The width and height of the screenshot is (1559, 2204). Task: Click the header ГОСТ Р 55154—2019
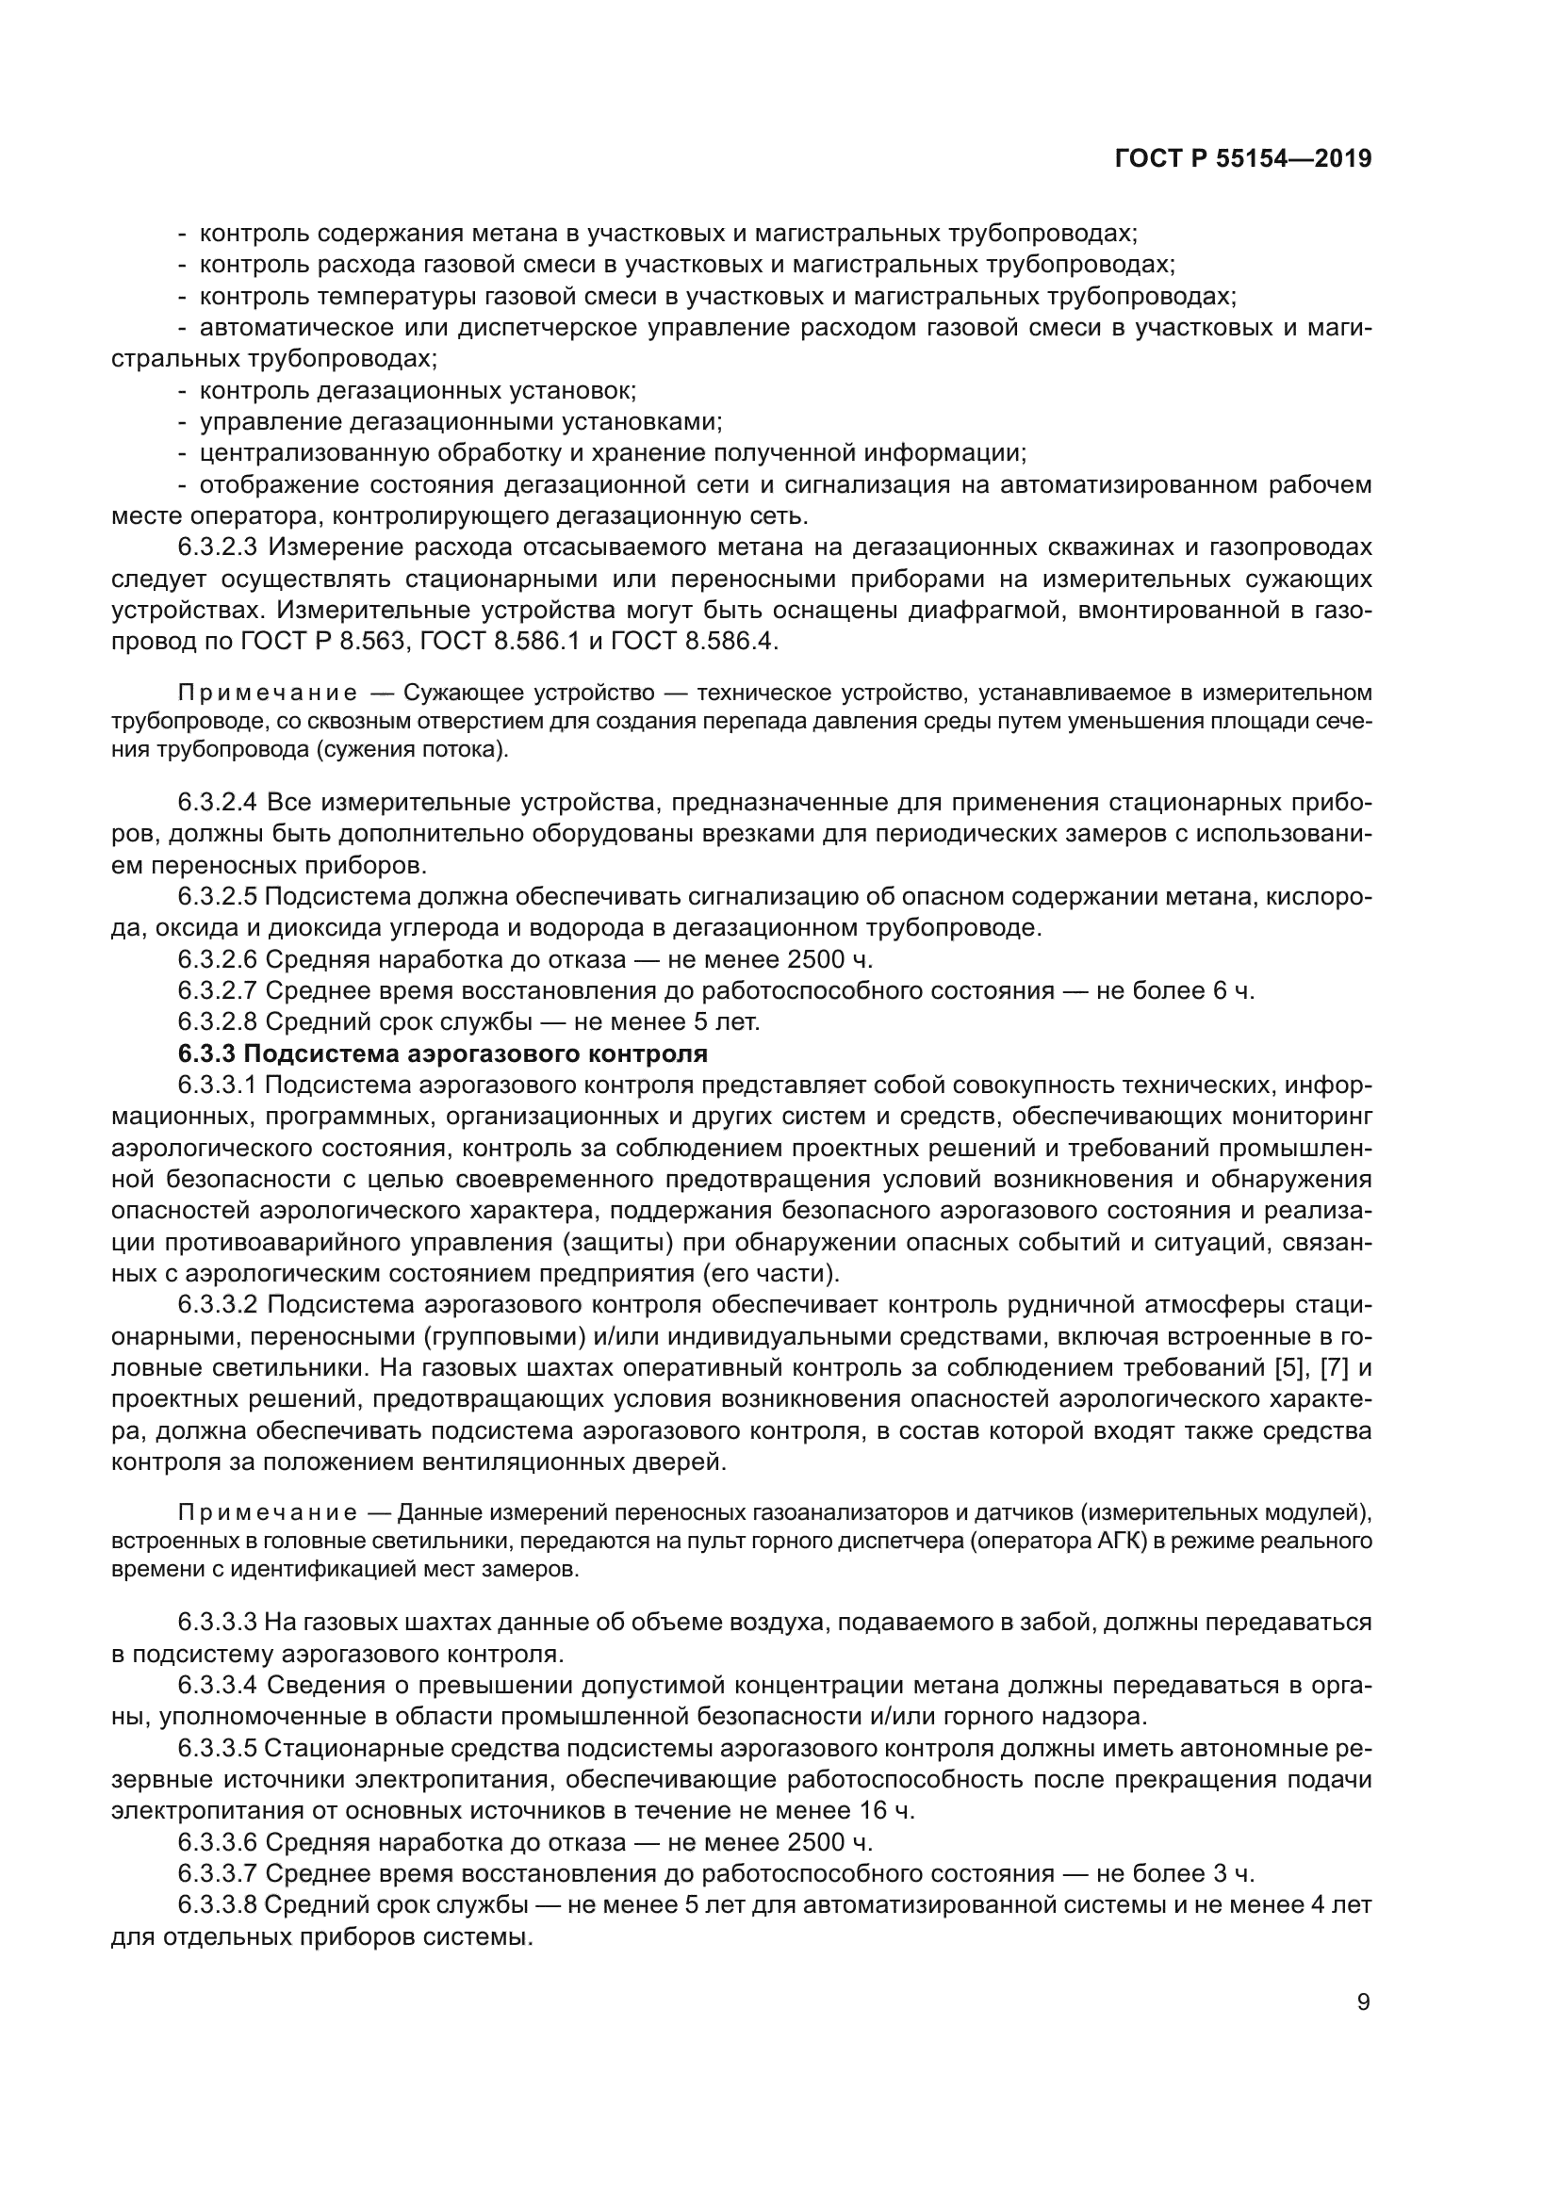(x=1242, y=159)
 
